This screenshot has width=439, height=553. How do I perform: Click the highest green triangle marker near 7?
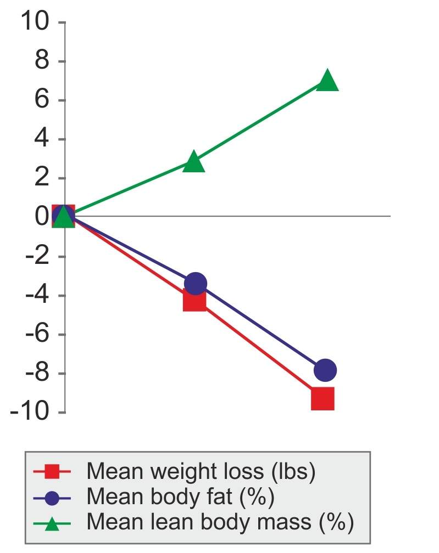(x=327, y=80)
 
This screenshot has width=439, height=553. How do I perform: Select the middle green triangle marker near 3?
(x=193, y=162)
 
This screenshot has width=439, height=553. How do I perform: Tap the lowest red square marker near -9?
(x=323, y=399)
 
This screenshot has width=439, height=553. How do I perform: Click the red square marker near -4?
(x=195, y=300)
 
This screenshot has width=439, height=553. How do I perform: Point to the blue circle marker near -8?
(x=325, y=370)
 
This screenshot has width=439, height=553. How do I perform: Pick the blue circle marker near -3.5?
(x=196, y=284)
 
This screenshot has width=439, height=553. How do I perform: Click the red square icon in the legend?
(x=52, y=471)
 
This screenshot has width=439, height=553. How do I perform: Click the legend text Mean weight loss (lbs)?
(x=201, y=471)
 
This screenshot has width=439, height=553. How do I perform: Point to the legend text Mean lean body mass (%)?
(x=220, y=523)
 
